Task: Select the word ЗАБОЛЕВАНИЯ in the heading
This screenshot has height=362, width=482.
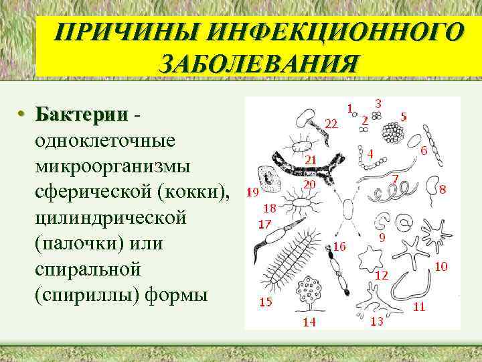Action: click(258, 65)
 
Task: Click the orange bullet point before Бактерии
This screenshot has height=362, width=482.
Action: click(22, 115)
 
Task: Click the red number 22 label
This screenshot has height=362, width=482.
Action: click(331, 123)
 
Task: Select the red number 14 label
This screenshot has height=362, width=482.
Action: click(309, 322)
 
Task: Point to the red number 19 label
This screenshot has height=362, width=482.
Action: click(253, 194)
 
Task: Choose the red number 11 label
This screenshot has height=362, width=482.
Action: click(419, 307)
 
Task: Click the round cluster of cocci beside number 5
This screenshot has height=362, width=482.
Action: click(392, 133)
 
